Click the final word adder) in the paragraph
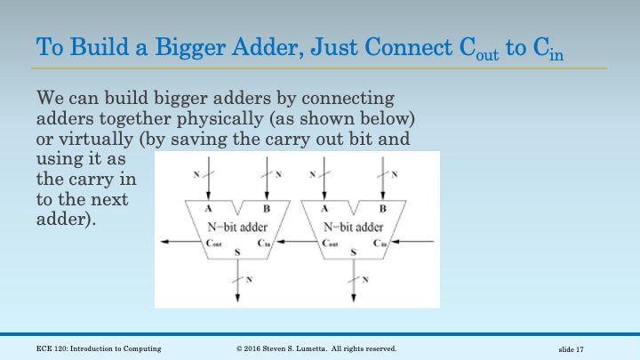[66, 219]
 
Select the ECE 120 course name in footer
[99, 348]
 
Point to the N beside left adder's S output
[249, 280]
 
